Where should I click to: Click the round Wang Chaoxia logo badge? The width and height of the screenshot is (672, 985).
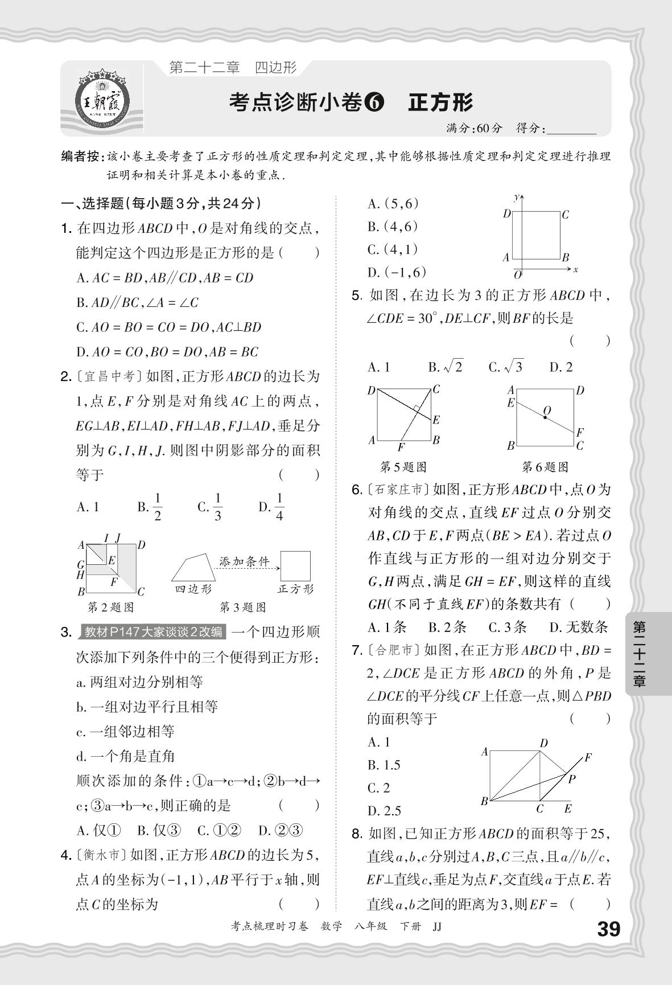pyautogui.click(x=102, y=101)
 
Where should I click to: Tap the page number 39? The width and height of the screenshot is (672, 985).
pyautogui.click(x=607, y=929)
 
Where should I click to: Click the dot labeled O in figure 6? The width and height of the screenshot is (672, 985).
pyautogui.click(x=545, y=417)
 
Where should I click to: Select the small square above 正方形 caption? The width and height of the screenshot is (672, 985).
pyautogui.click(x=295, y=566)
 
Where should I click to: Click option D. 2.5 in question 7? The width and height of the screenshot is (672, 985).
pyautogui.click(x=384, y=811)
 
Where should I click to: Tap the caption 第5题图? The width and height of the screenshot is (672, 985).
pyautogui.click(x=403, y=467)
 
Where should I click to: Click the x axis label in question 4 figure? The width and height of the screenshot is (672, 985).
pyautogui.click(x=575, y=269)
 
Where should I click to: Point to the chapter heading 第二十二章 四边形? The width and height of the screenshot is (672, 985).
pyautogui.click(x=233, y=67)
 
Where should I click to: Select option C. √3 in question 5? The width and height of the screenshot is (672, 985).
pyautogui.click(x=505, y=367)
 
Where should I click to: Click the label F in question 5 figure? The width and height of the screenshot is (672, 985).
pyautogui.click(x=401, y=447)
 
